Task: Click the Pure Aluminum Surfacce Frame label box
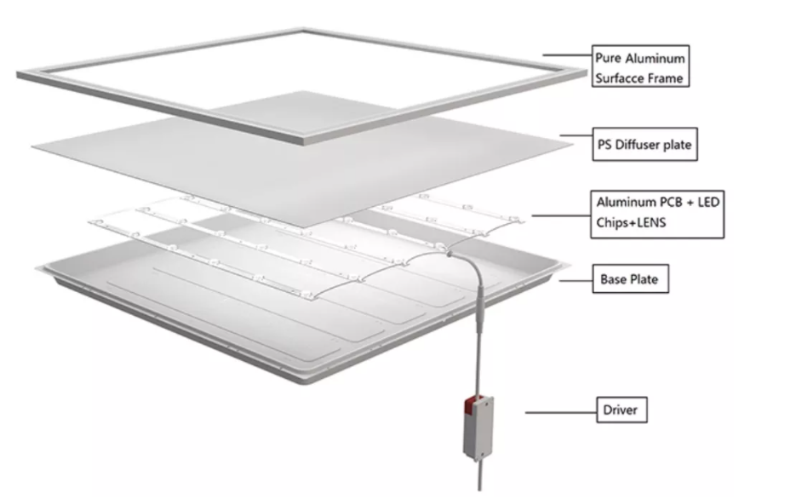pos(640,66)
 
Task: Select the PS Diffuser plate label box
pos(644,145)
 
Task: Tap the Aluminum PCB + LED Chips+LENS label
pos(657,215)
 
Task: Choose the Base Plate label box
pos(631,278)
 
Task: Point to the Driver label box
pos(621,410)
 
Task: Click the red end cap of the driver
pos(471,405)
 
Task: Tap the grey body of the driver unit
pos(478,429)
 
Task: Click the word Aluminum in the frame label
pos(655,59)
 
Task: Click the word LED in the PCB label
pos(708,203)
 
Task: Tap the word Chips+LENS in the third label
pos(631,223)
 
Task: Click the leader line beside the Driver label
pos(561,412)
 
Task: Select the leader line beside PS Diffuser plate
pos(576,135)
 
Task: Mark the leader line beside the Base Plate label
pos(576,280)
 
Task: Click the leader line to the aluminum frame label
pos(568,54)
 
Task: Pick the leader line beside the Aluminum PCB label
pos(561,215)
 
